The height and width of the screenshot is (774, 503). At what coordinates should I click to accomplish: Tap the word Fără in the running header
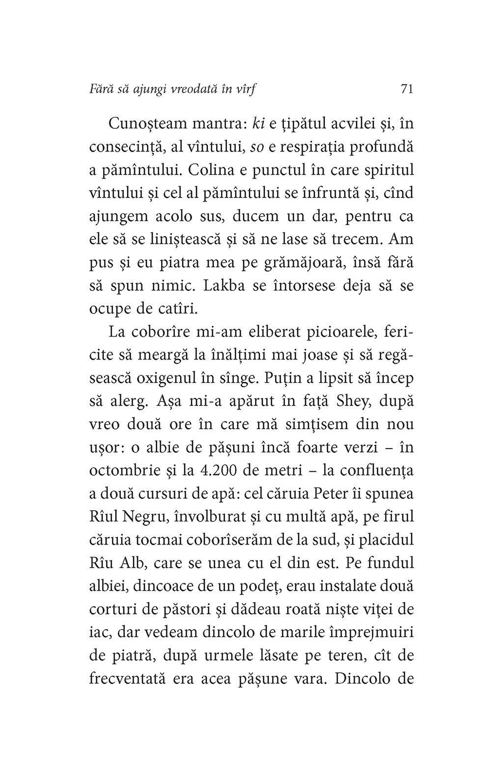pos(101,89)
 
